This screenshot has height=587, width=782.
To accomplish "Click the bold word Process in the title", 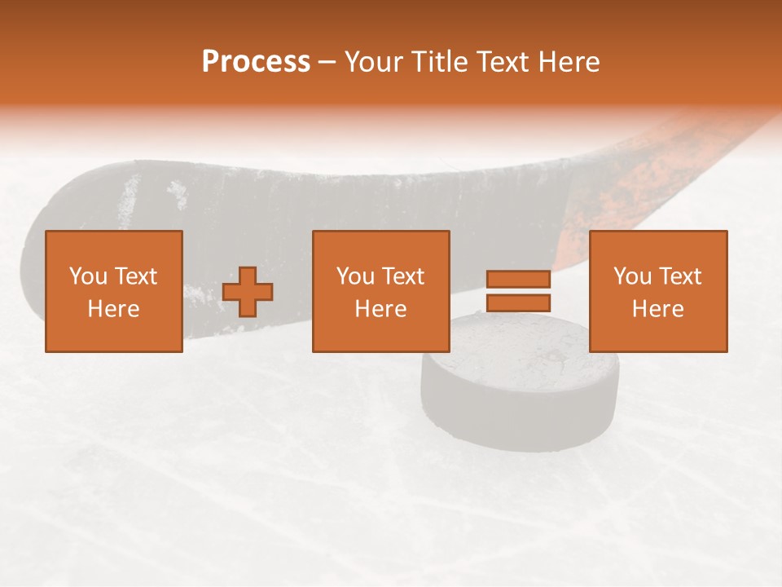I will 256,62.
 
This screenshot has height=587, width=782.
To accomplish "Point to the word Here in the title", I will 567,62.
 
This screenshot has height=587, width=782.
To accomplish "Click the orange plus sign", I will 248,292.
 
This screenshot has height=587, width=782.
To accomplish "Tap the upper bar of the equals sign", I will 518,280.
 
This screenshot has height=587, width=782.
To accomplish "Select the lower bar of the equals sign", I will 518,303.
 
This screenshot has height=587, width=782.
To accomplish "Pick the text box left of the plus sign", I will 113,291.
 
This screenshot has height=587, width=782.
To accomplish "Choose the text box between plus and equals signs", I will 380,291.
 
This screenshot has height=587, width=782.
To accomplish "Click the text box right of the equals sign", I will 657,291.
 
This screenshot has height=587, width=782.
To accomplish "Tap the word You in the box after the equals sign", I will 633,276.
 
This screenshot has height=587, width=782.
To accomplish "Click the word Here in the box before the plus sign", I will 113,309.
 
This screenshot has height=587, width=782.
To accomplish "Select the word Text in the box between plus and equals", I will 402,276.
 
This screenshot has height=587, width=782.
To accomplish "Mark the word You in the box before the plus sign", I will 88,276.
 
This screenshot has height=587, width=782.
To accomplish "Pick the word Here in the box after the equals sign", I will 657,309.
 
